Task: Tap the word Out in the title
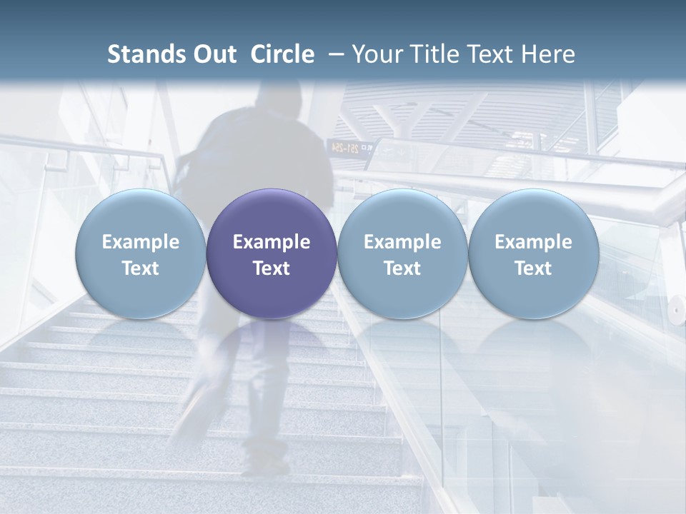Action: coord(213,54)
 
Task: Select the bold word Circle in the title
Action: coord(282,54)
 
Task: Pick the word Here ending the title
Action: coord(548,54)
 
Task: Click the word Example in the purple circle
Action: coord(272,242)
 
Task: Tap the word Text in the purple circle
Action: coord(272,268)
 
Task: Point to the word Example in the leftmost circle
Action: coord(141,242)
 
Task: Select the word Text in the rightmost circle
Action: coord(533,268)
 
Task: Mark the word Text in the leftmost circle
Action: coord(141,268)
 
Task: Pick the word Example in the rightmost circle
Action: coord(533,242)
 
